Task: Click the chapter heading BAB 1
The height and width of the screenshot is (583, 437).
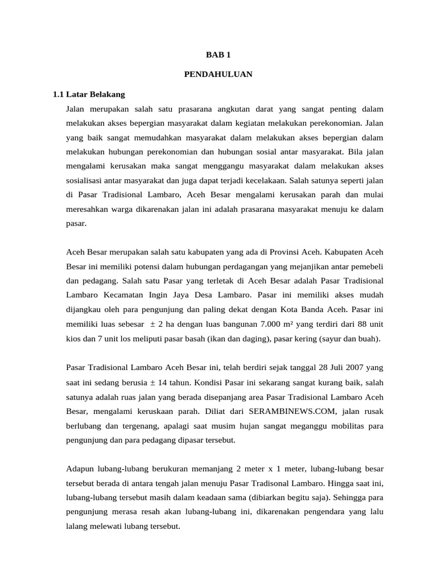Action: click(218, 55)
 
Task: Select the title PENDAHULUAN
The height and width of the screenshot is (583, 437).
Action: click(218, 75)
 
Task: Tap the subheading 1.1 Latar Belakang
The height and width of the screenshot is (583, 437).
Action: click(88, 94)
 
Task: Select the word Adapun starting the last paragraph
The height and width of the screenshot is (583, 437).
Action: click(81, 468)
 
